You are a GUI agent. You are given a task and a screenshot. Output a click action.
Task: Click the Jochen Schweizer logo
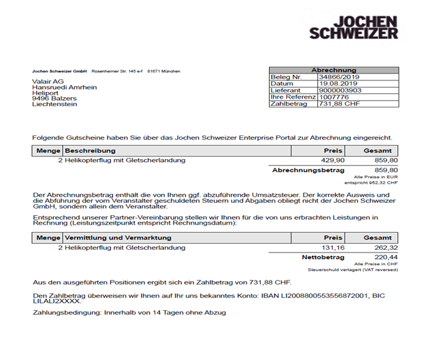click(354, 23)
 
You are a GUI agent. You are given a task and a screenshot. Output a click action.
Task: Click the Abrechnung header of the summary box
click(334, 70)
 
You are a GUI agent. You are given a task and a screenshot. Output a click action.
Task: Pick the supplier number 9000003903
click(341, 91)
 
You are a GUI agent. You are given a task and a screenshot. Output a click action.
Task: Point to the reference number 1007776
click(332, 97)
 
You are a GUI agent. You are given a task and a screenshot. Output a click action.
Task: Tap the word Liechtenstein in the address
click(55, 105)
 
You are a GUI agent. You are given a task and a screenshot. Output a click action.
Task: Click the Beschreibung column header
click(91, 150)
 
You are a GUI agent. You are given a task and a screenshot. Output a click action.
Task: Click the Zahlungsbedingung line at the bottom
click(129, 312)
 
